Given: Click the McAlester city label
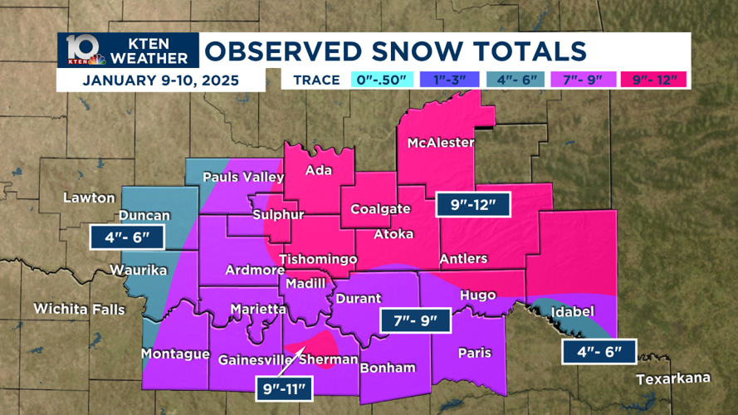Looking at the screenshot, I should tap(440, 143).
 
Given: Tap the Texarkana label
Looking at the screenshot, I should tap(673, 378).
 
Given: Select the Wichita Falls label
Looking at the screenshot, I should tap(79, 310).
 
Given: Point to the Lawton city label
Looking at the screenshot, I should tap(89, 198).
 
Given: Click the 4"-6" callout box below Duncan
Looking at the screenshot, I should tap(128, 238).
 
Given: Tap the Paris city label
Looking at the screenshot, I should tap(474, 353).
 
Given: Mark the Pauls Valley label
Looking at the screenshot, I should tap(243, 177).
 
